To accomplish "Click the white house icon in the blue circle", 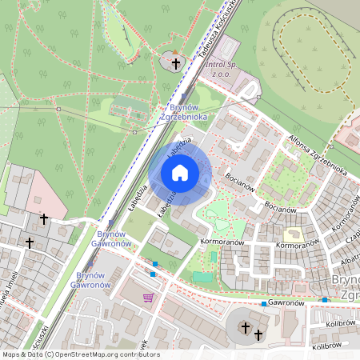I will tap(180, 172).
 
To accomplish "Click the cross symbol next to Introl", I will tap(176, 62).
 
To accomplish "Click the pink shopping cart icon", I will tap(147, 298).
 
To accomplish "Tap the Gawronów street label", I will tap(288, 303).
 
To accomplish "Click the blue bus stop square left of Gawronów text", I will tap(263, 303).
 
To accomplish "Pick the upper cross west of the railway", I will tap(44, 218).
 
